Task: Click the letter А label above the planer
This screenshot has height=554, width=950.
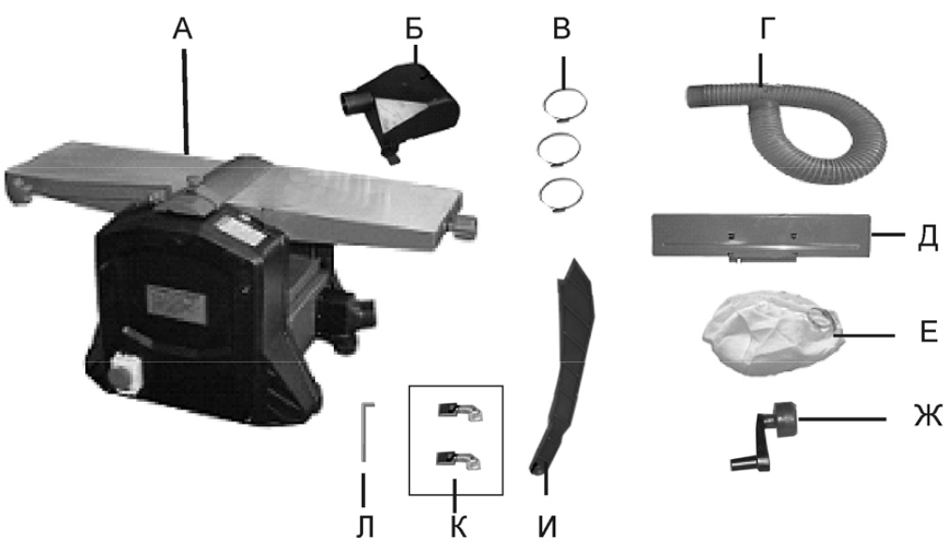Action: point(182,28)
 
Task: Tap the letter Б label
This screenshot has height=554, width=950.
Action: point(415,28)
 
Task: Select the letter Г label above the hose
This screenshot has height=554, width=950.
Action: point(768,28)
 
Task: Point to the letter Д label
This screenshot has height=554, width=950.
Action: point(927,237)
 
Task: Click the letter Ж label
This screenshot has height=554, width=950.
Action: point(927,417)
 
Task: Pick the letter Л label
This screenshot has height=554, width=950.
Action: point(365,527)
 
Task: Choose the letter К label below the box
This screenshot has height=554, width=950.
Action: point(459,527)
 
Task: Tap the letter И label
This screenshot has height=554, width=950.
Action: point(547,527)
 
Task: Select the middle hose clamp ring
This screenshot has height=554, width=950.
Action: point(559,148)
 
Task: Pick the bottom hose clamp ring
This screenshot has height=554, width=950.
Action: point(561,194)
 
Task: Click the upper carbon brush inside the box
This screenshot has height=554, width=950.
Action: point(460,411)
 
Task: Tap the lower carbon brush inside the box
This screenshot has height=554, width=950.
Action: point(460,460)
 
